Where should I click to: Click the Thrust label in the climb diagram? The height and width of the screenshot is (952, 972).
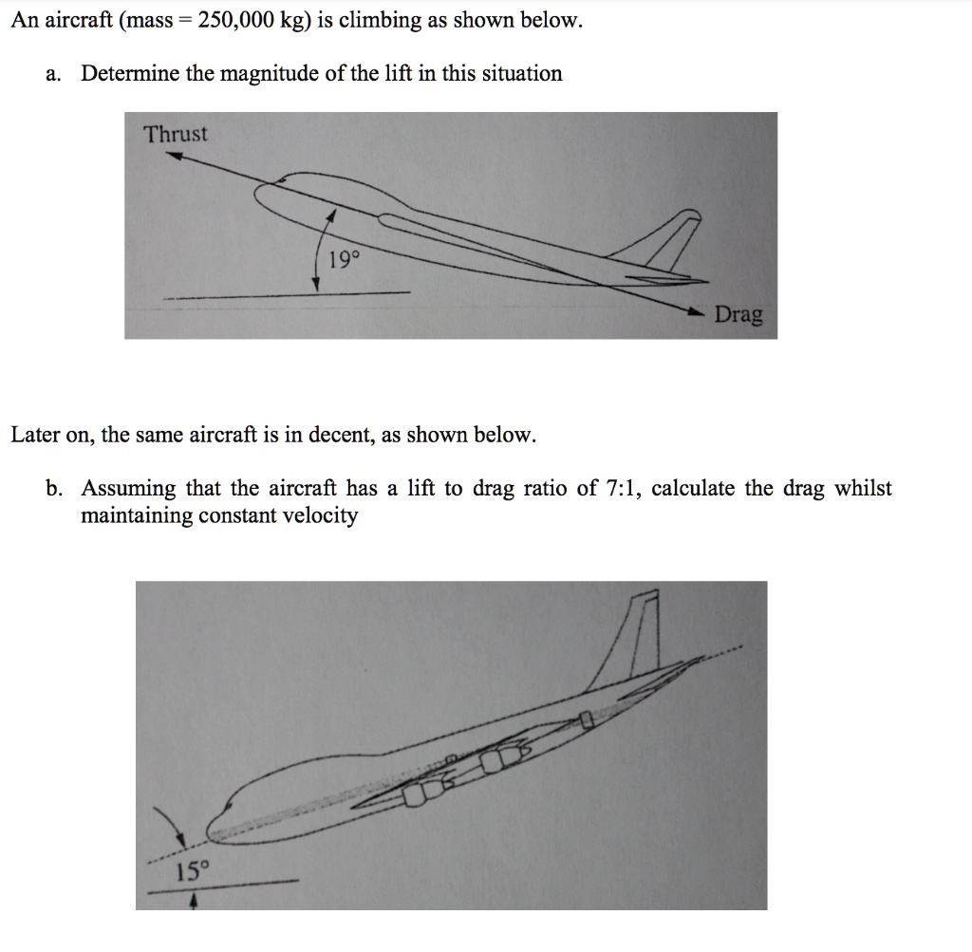175,134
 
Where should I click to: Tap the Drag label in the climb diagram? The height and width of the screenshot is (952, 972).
738,314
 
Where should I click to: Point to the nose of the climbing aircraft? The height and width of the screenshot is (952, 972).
262,191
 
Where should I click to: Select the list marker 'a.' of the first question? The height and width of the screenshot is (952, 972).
54,73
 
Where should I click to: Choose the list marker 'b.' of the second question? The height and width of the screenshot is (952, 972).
55,488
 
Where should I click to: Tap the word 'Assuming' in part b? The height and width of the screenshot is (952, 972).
128,488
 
